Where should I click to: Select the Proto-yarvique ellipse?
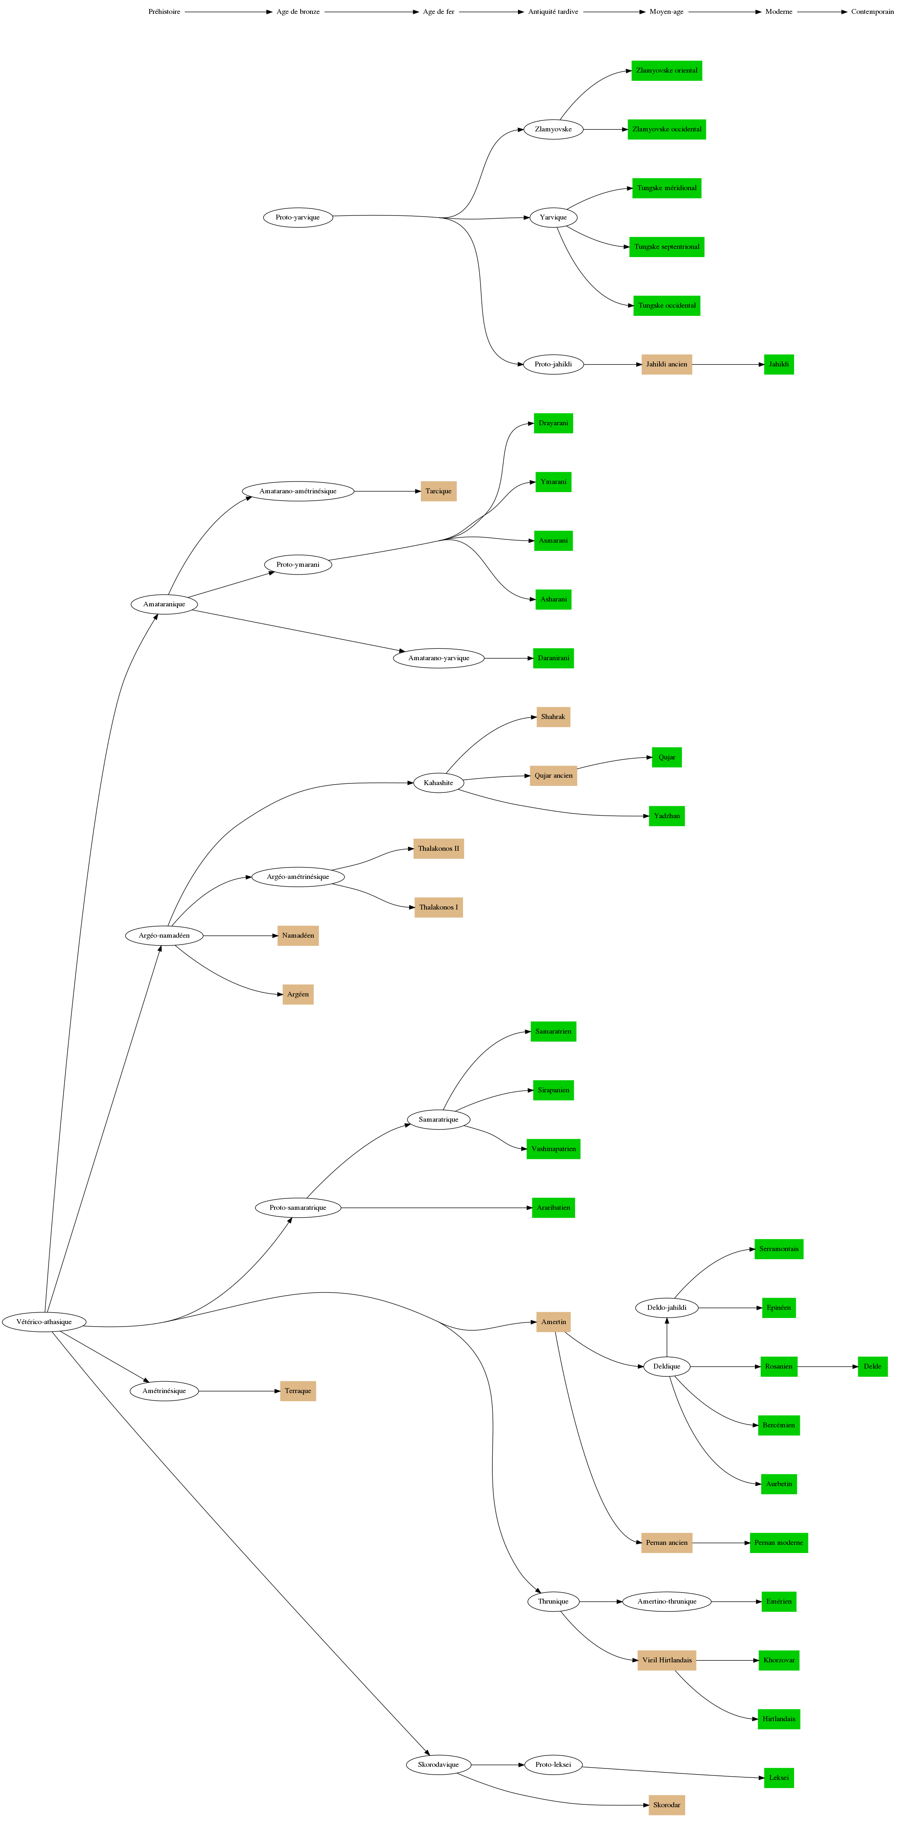point(298,217)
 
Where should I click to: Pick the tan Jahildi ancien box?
point(666,364)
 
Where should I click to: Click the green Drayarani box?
point(553,423)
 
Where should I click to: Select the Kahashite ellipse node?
point(438,783)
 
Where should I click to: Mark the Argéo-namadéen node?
point(164,936)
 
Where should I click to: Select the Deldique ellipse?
point(666,1367)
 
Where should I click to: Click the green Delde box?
point(872,1367)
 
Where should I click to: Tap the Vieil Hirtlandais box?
point(666,1660)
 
